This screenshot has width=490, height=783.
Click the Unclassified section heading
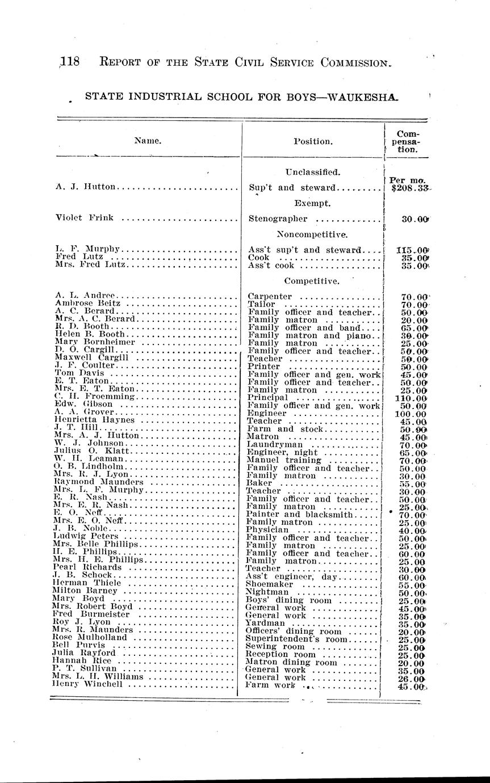click(312, 172)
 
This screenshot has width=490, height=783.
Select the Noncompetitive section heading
click(312, 234)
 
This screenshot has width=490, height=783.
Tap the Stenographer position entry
click(278, 218)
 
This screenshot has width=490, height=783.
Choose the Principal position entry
click(268, 398)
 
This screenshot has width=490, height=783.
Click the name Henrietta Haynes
click(95, 420)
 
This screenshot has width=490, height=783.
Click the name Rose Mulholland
click(90, 637)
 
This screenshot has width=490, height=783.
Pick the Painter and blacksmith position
click(299, 515)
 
